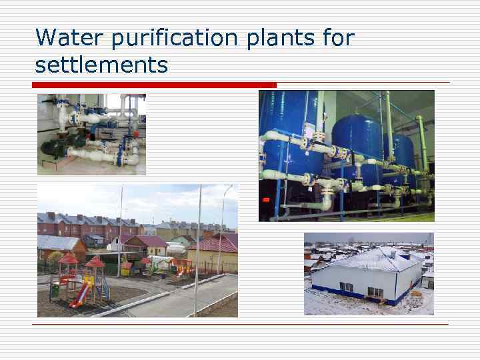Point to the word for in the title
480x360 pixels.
(338, 37)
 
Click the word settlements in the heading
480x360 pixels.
(101, 65)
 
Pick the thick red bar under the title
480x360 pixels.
(153, 85)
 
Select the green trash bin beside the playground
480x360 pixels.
(55, 290)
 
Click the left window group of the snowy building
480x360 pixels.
(347, 287)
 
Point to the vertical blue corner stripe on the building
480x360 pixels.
(395, 287)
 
